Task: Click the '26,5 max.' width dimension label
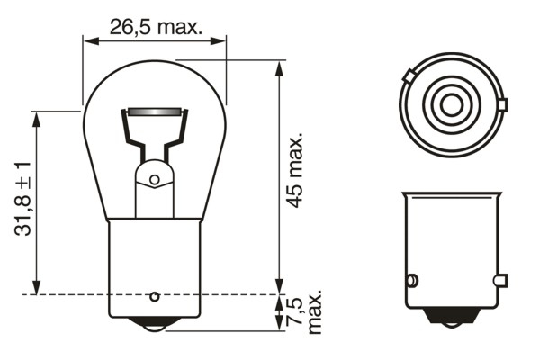point(155,26)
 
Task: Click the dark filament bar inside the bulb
point(155,112)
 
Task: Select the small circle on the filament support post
point(154,180)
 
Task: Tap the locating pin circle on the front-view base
point(154,296)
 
